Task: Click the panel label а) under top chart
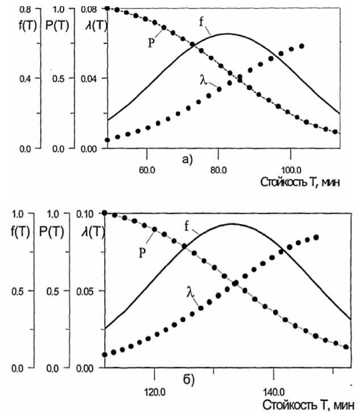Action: pos(187,160)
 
